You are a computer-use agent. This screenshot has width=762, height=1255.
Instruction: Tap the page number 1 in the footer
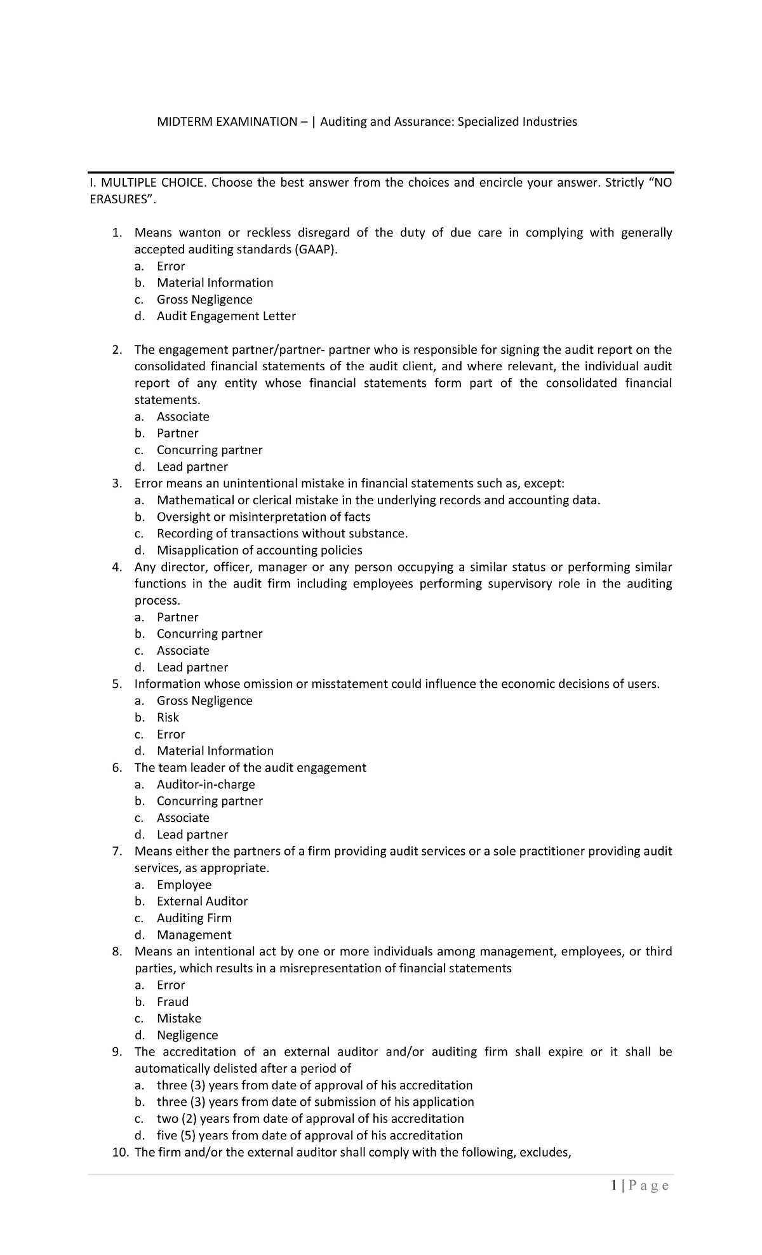[x=613, y=1186]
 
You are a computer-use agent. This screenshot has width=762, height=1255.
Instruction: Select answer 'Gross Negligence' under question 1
[x=204, y=300]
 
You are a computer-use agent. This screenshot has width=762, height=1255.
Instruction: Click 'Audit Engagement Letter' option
[x=226, y=316]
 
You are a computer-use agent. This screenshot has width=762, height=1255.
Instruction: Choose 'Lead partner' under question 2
[x=192, y=467]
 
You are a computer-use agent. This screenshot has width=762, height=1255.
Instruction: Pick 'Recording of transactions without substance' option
[x=282, y=534]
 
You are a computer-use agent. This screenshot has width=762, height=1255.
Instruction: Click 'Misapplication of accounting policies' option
[x=259, y=551]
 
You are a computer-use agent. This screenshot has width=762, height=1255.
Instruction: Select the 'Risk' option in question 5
[x=168, y=718]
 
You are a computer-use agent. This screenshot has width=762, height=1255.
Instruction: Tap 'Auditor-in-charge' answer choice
[x=206, y=784]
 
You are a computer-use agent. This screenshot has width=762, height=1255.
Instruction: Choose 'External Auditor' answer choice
[x=202, y=902]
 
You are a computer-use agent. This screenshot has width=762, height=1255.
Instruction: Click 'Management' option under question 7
[x=194, y=935]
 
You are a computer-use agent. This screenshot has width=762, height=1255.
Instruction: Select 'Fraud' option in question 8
[x=173, y=1002]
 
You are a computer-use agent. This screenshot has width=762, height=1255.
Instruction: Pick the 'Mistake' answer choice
[x=178, y=1019]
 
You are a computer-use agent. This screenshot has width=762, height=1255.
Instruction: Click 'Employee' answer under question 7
[x=184, y=885]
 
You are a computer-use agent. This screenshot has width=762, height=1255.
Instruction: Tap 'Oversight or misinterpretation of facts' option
[x=264, y=517]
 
